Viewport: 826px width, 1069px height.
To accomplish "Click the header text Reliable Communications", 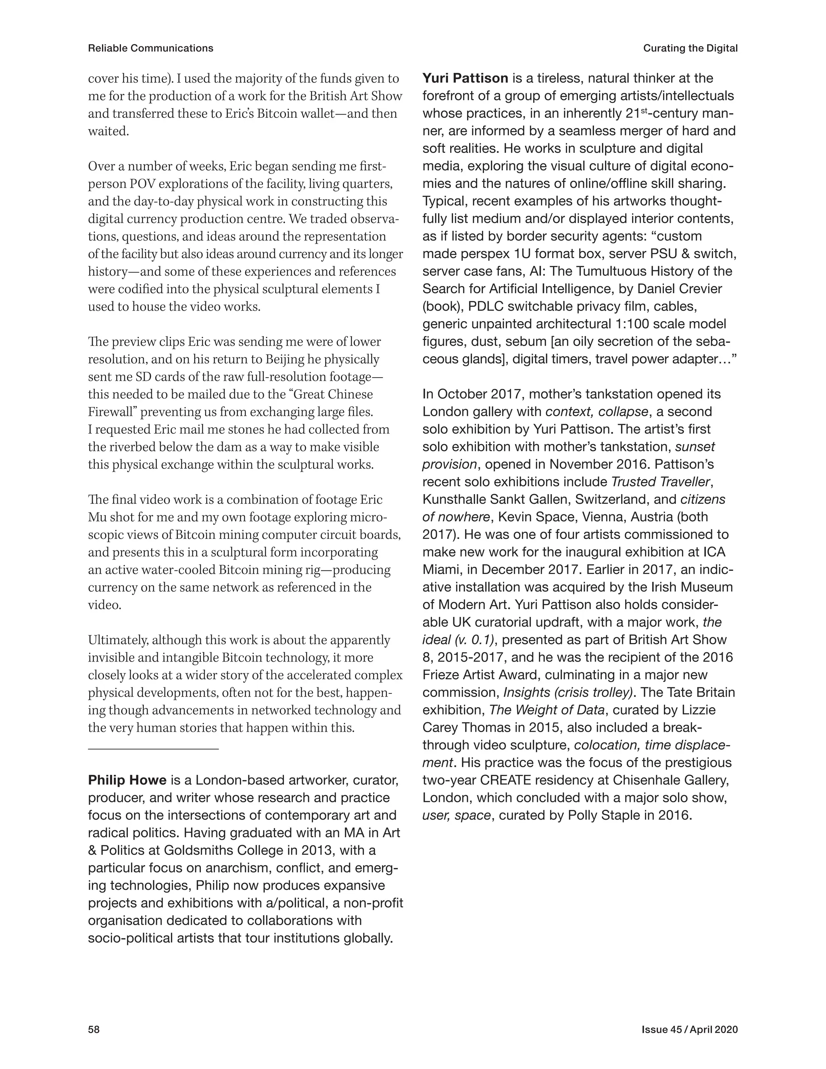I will click(x=151, y=48).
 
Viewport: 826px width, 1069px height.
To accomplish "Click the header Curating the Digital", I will click(x=690, y=48).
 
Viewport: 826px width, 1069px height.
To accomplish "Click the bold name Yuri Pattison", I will click(x=465, y=78).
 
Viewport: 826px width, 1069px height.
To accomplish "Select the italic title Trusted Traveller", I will click(x=660, y=482).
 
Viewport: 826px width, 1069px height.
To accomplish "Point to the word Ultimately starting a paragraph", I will click(x=118, y=640).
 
